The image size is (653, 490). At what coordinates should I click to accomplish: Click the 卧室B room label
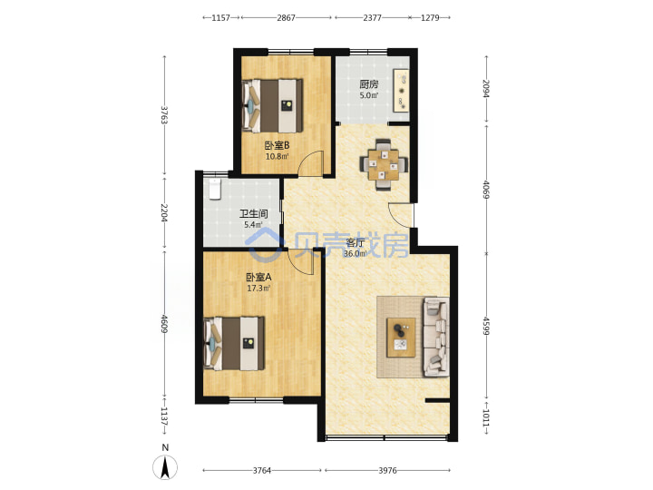point(277,145)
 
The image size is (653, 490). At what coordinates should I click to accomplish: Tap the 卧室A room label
point(258,277)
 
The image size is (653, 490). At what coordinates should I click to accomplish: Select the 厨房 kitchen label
point(369,84)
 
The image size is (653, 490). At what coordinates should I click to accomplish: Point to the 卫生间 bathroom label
point(253,214)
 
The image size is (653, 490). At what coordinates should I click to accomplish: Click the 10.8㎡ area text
point(277,157)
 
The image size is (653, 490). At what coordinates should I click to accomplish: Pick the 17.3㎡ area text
point(258,289)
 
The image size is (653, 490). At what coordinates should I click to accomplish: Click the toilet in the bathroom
point(214,189)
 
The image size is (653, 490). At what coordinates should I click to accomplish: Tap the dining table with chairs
point(384,164)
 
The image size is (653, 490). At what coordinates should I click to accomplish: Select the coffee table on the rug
point(401,338)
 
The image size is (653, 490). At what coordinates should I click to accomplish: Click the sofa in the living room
point(436,337)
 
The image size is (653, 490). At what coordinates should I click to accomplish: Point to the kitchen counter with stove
point(402,91)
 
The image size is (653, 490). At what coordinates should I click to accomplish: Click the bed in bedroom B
point(272,105)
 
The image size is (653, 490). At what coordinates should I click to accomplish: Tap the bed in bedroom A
point(234,343)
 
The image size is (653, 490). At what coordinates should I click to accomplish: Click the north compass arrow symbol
point(165,467)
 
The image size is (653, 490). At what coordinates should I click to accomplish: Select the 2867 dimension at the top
point(286,17)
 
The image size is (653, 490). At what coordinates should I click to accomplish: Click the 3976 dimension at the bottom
point(387,470)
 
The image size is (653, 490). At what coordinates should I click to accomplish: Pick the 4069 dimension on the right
point(485,189)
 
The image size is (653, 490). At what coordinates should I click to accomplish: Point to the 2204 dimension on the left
point(164,212)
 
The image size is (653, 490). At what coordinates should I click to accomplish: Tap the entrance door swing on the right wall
point(399,213)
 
